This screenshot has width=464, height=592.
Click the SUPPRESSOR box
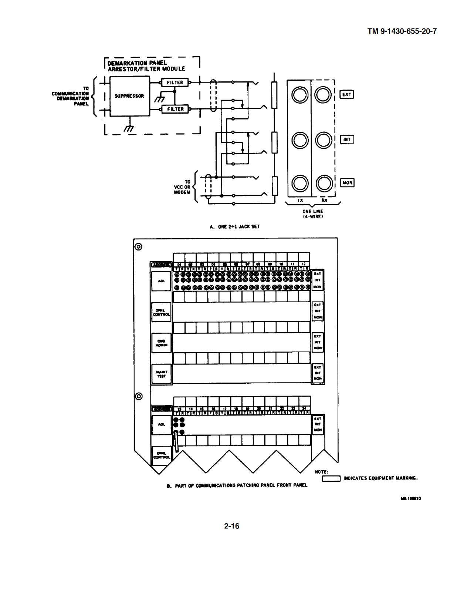[x=129, y=96]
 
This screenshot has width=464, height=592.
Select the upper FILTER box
[x=175, y=83]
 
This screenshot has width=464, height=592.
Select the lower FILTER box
[x=175, y=109]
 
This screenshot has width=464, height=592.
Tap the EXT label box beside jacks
[x=346, y=94]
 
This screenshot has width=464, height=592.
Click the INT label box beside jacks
[x=346, y=139]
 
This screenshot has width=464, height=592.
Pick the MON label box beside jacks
[x=347, y=182]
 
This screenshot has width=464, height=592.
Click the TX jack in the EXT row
[x=299, y=95]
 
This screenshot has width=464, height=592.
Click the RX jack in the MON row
[x=324, y=183]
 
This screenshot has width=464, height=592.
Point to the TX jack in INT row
[x=299, y=140]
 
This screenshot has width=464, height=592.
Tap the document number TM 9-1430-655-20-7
[x=402, y=31]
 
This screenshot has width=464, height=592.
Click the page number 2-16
[x=231, y=526]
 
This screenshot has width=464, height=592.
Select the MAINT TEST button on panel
[x=162, y=374]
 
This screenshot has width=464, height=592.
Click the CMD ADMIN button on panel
[x=162, y=343]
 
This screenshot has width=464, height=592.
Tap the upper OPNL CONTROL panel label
[x=162, y=312]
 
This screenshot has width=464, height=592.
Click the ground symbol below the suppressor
[x=129, y=128]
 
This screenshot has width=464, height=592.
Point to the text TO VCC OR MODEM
[x=182, y=187]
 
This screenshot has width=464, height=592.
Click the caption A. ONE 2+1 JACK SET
[x=235, y=226]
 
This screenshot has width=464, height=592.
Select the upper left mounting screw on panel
[x=138, y=247]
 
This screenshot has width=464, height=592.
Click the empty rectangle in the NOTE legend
[x=331, y=478]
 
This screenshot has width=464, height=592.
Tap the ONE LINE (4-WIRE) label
[x=313, y=214]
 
